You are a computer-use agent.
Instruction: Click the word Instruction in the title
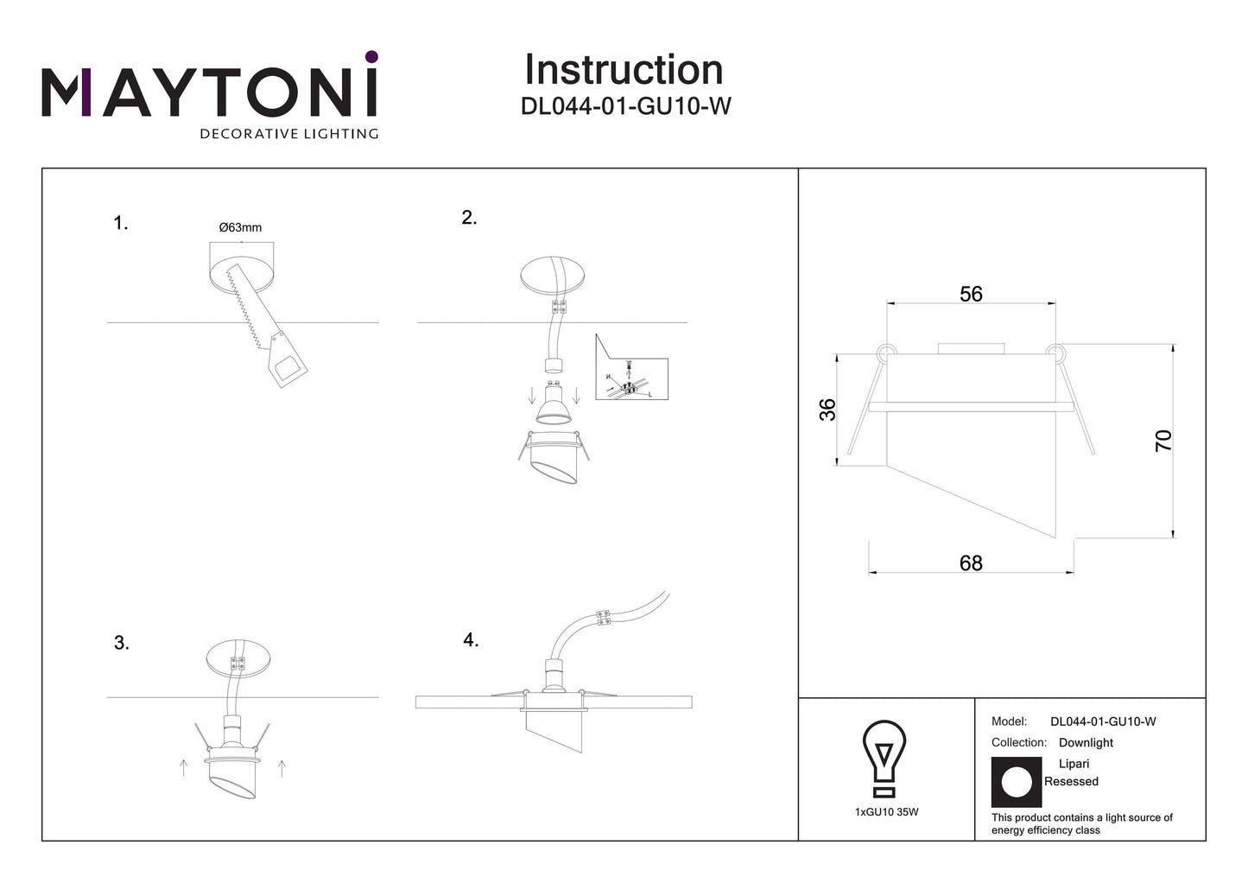tap(624, 70)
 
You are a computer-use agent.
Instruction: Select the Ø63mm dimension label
tap(240, 227)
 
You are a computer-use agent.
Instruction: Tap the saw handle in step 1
tap(286, 362)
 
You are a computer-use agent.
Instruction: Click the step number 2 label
tap(469, 218)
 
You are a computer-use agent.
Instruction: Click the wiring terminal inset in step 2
tap(630, 371)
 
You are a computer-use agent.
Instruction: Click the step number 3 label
tap(122, 643)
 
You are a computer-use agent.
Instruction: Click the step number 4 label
tap(471, 640)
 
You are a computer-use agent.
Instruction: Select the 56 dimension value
tap(971, 295)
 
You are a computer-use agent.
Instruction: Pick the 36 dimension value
tap(827, 410)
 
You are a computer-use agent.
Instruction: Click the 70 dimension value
tap(1163, 441)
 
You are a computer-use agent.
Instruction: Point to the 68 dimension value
tap(971, 563)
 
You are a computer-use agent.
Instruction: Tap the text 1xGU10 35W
tap(886, 812)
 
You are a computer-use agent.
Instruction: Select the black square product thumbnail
tap(1017, 782)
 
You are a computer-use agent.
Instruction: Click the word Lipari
tap(1074, 764)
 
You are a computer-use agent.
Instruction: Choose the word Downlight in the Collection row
tap(1086, 743)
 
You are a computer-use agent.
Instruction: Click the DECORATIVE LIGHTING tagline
tap(288, 134)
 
